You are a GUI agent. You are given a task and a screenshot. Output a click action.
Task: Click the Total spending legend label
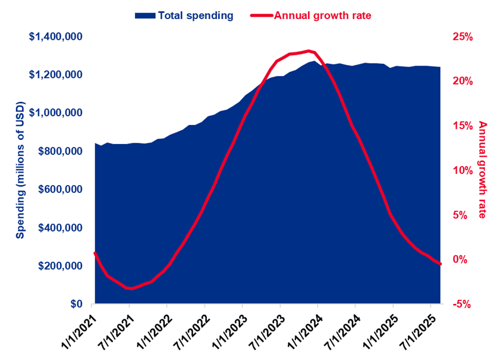(196, 15)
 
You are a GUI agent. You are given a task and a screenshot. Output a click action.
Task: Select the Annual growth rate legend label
(322, 15)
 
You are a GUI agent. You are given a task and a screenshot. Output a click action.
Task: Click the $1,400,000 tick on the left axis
(56, 37)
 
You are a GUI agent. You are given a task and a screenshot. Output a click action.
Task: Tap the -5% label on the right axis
(461, 304)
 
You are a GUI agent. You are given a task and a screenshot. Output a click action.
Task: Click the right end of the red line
(441, 264)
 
